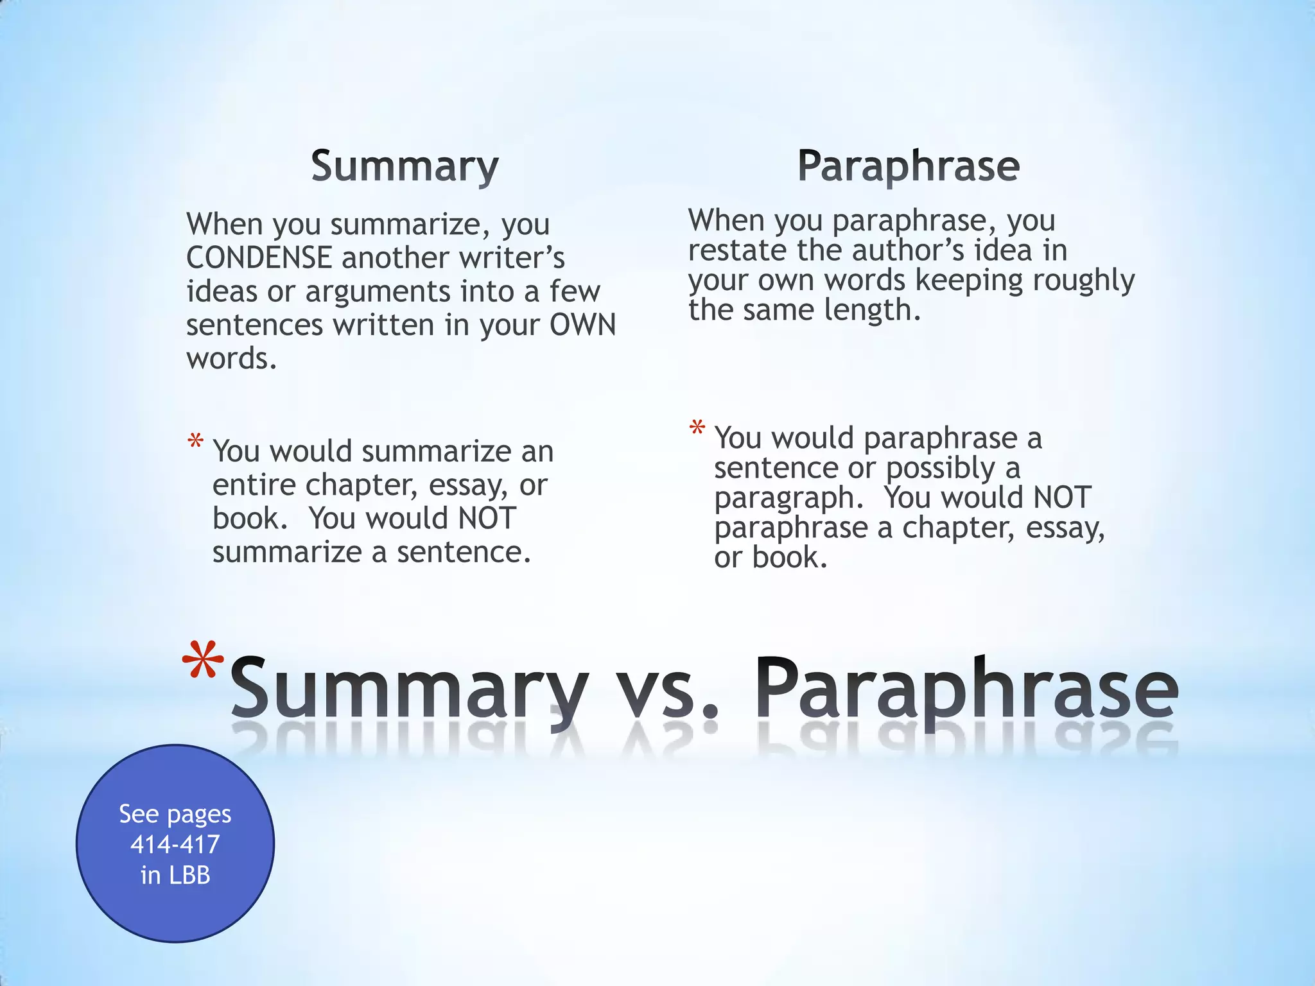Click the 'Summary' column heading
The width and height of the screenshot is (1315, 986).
[405, 166]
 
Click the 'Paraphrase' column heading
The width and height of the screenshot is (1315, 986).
[908, 166]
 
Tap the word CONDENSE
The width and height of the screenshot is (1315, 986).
[259, 258]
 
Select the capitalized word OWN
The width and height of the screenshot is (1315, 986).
[582, 325]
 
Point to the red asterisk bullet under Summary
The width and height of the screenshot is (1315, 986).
[196, 443]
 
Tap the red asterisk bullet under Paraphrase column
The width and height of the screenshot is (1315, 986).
[697, 429]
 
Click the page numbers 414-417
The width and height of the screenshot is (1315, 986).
[175, 844]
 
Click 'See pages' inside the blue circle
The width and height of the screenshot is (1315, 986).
[175, 814]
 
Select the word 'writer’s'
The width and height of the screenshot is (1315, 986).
[511, 258]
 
